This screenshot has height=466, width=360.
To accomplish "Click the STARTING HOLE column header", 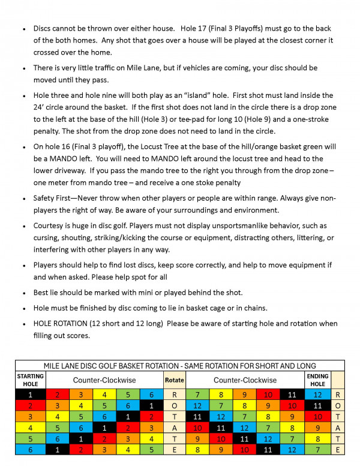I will point(30,380).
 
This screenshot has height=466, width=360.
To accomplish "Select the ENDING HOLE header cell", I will point(317,380).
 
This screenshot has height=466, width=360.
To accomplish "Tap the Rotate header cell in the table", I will point(174,380).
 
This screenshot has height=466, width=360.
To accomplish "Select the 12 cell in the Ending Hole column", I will point(317,395).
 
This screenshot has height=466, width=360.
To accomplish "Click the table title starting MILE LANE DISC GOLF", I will point(180,366).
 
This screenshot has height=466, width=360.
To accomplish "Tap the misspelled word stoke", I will point(217,183).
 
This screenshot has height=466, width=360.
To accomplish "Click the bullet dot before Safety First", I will point(23,199).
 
